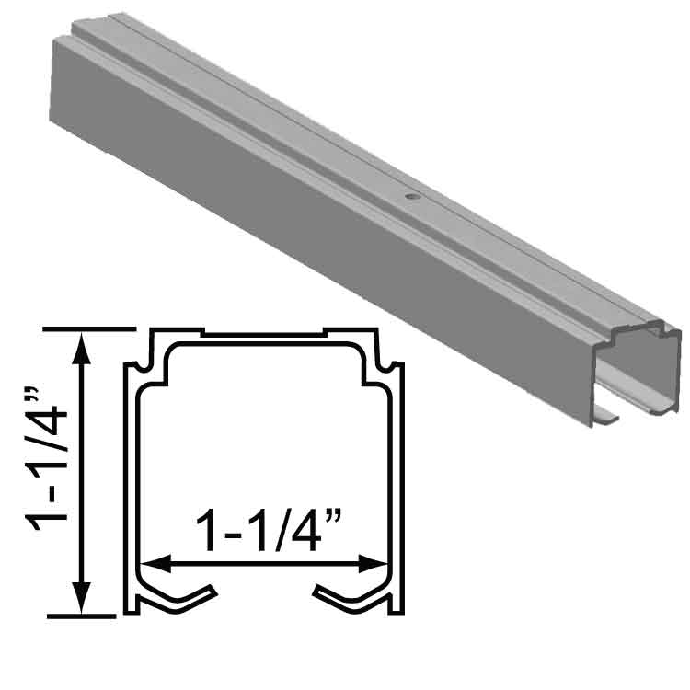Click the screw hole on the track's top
pos(412,197)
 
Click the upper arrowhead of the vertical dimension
pos(81,349)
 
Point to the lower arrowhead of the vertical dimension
pos(81,598)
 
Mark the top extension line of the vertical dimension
pos(89,328)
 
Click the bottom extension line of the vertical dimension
pos(81,616)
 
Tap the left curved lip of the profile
pos(176,601)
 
